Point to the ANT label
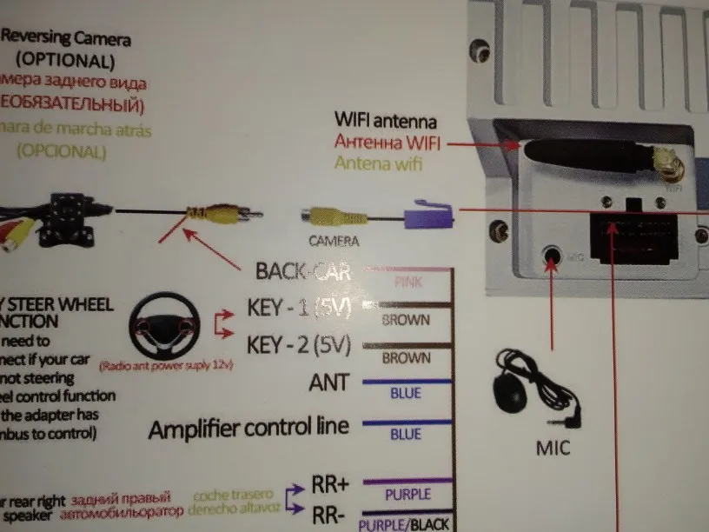328,382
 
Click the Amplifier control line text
248,427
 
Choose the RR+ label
329,484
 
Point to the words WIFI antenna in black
386,122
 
